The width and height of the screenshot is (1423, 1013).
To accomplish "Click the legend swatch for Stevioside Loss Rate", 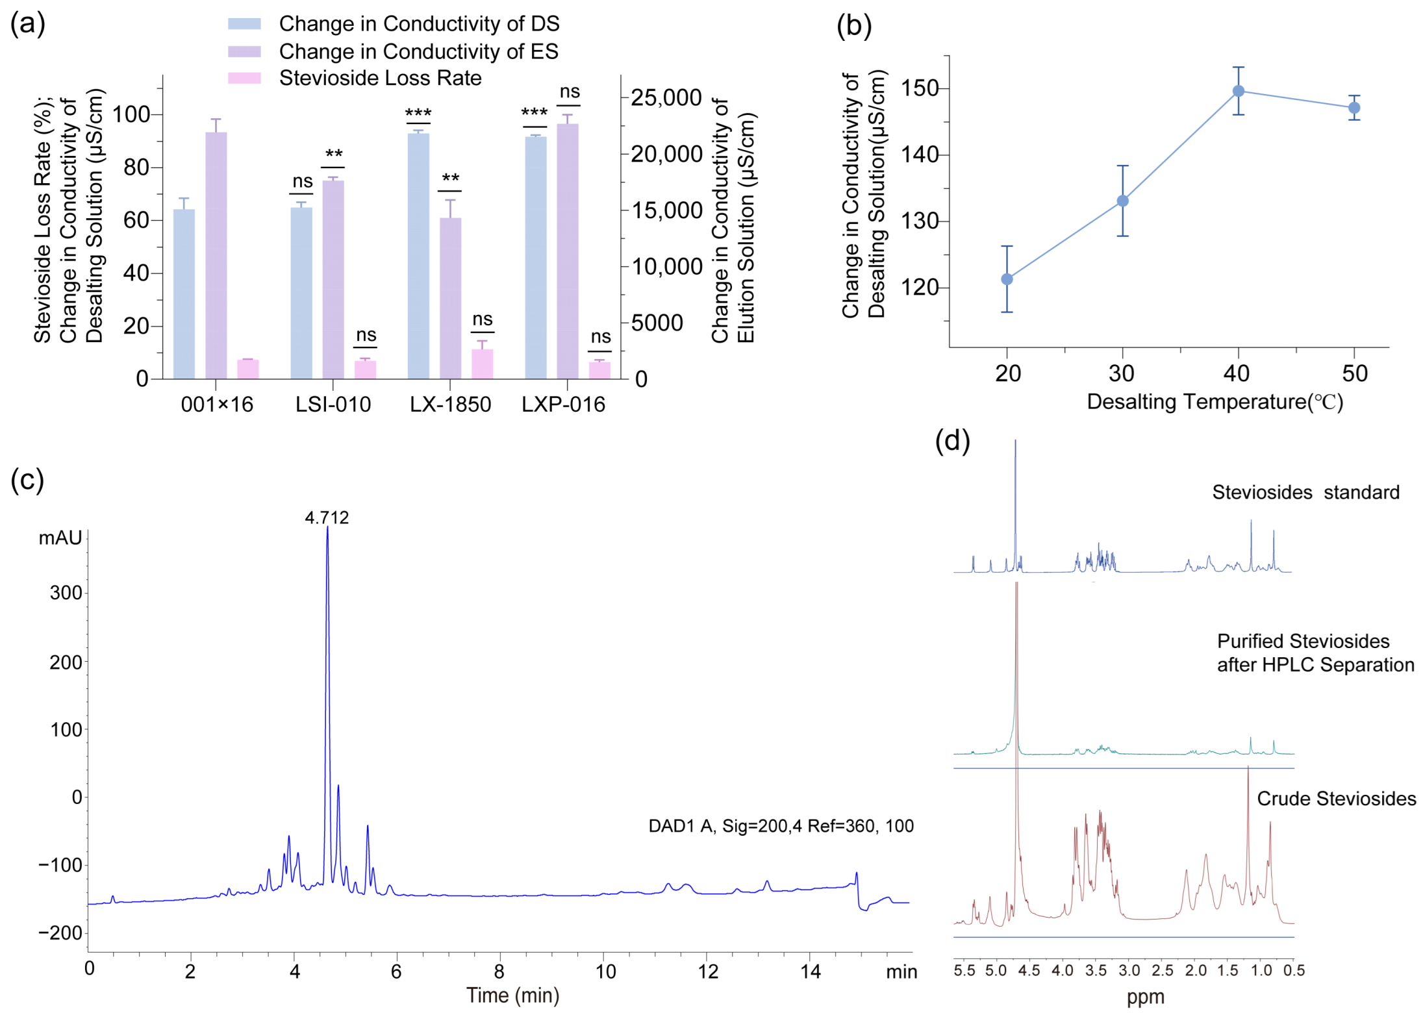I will click(x=244, y=78).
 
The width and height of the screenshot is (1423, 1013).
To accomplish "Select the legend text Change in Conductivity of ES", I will click(x=418, y=51).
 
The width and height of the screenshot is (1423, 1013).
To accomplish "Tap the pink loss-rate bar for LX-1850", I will click(x=482, y=364).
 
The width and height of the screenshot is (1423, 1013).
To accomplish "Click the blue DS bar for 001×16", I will click(x=184, y=294).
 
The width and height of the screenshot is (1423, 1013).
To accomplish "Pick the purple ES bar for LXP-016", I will click(x=567, y=251).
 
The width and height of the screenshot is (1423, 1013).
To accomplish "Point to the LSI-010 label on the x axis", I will click(x=333, y=405).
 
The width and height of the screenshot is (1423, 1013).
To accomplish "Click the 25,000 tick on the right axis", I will click(x=666, y=97).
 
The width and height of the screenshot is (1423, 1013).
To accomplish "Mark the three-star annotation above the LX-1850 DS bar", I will click(x=418, y=113).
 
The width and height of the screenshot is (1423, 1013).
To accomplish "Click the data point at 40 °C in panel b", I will click(x=1238, y=91).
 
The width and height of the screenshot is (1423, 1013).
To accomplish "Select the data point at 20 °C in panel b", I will click(x=1007, y=279).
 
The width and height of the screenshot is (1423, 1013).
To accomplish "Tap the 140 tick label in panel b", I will click(x=919, y=155).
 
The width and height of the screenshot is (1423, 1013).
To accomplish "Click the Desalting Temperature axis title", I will click(x=1215, y=402).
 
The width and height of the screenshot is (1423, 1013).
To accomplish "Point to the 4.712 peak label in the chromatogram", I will click(x=327, y=518).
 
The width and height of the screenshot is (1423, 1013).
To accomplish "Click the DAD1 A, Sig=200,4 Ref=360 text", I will click(x=780, y=826).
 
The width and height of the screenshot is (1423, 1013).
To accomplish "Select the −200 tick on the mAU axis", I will click(x=60, y=933).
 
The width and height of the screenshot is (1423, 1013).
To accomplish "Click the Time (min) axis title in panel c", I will click(x=512, y=995).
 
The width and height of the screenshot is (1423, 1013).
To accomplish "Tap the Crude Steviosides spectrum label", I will click(x=1336, y=799).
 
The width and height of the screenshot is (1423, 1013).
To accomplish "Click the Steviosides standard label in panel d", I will click(x=1305, y=492).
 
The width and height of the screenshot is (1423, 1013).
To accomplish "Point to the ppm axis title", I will click(x=1145, y=997).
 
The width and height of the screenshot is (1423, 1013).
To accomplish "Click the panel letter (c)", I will click(x=27, y=481).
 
